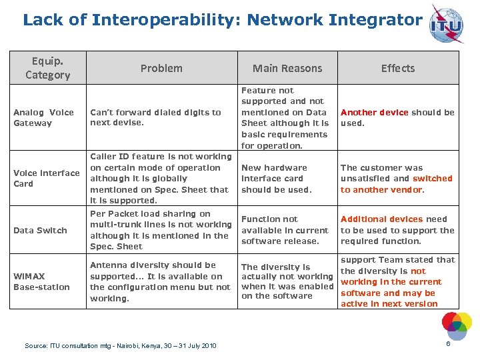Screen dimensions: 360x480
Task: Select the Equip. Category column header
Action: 47,68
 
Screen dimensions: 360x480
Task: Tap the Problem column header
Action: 161,68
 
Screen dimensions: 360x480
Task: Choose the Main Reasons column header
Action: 287,68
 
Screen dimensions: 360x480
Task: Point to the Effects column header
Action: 398,68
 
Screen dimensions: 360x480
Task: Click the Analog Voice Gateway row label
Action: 43,117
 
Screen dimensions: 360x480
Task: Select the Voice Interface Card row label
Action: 47,178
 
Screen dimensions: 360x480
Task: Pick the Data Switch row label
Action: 40,230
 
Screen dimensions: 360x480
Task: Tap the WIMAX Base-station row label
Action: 41,281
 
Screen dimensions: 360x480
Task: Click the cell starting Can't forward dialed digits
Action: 155,117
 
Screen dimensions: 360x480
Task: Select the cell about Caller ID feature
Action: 161,178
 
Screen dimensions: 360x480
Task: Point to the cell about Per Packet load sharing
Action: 161,230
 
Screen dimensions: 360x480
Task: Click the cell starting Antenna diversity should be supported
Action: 160,281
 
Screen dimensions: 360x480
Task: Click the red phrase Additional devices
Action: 382,219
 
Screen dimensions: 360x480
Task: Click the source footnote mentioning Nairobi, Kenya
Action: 121,345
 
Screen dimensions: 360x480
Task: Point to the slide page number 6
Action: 449,344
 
